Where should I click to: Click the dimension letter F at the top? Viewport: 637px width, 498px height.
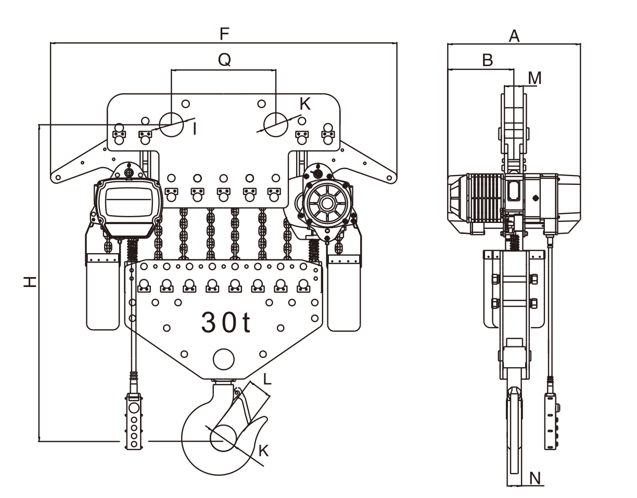coord(224,34)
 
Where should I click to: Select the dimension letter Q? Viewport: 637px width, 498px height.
coord(224,60)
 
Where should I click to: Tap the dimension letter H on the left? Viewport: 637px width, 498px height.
coord(31,282)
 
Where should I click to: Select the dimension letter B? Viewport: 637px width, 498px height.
coord(487,60)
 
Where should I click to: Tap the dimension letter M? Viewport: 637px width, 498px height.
coord(534,78)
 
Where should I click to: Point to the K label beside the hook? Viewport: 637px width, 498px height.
coord(264,451)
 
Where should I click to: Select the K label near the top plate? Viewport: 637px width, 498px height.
coord(305,104)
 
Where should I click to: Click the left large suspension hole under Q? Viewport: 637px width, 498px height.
coord(171,123)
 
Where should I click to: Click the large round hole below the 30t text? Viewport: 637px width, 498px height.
coord(224,359)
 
